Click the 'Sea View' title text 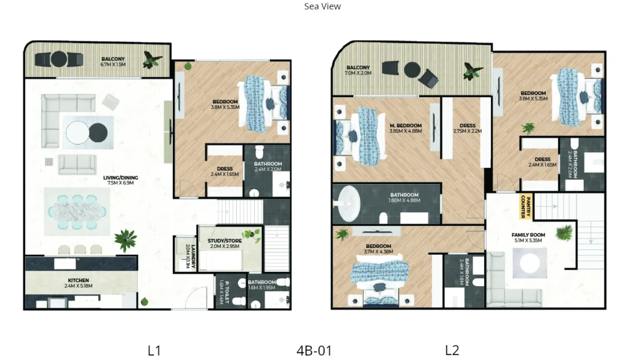pos(322,7)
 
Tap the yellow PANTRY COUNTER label pos(525,207)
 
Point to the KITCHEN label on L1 pos(78,282)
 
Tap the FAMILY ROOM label pos(528,238)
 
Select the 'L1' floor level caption pos(154,350)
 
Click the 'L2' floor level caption pos(452,350)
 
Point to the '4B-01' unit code pos(314,351)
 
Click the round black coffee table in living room pos(98,132)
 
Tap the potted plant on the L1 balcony pos(151,60)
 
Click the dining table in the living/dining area pos(78,210)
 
